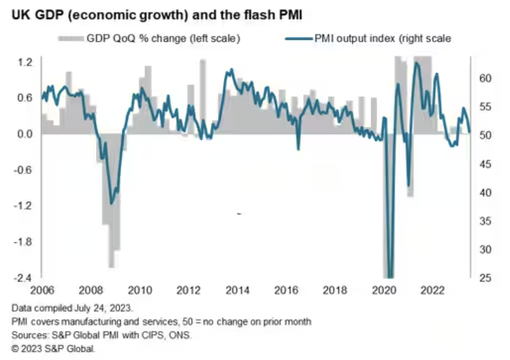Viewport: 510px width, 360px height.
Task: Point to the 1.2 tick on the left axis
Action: pyautogui.click(x=25, y=62)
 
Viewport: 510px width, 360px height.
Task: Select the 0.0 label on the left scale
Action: pyautogui.click(x=25, y=134)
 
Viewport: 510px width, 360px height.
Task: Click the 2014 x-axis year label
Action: pyautogui.click(x=237, y=291)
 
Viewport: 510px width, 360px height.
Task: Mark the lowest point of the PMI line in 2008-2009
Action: pyautogui.click(x=112, y=203)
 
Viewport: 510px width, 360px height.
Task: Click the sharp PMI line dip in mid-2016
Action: pyautogui.click(x=298, y=149)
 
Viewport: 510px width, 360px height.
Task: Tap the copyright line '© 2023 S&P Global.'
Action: pyautogui.click(x=54, y=348)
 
